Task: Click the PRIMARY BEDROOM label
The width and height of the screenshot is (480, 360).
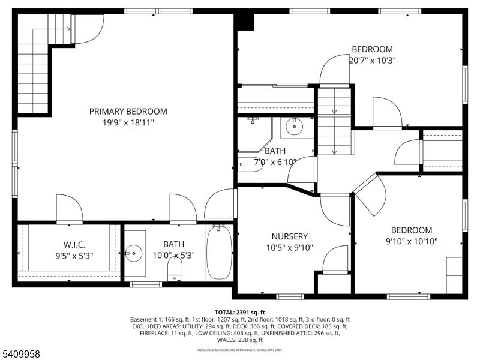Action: tap(128, 112)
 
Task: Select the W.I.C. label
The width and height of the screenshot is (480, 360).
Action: tap(75, 244)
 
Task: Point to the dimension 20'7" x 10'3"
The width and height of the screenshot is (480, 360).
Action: tap(372, 60)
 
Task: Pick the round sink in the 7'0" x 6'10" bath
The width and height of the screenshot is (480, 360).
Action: tap(294, 127)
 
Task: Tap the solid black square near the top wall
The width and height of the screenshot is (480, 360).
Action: tap(244, 20)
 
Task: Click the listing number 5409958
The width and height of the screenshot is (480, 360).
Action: tap(20, 355)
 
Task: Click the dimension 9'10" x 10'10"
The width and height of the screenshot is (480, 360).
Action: tap(411, 241)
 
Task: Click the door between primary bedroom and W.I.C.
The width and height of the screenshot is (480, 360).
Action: tap(68, 210)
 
